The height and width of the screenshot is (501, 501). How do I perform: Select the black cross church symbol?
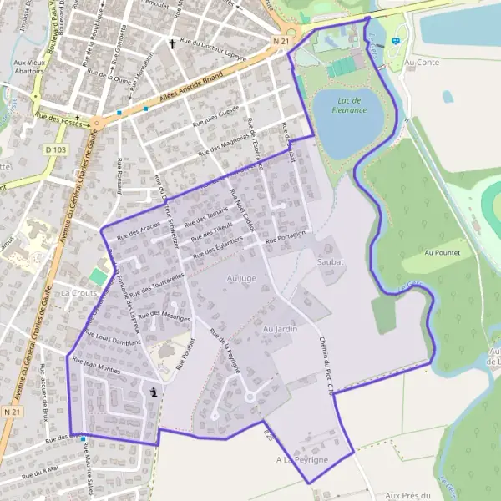173,43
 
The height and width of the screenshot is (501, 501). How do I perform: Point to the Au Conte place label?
421,62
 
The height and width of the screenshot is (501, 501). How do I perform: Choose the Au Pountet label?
443,251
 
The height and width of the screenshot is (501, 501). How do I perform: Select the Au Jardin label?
280,330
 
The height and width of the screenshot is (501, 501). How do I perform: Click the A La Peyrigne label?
302,460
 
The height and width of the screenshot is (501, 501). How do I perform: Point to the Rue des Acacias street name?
139,231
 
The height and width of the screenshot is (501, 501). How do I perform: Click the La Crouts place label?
79,294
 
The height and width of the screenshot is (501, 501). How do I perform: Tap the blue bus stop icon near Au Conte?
395,39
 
